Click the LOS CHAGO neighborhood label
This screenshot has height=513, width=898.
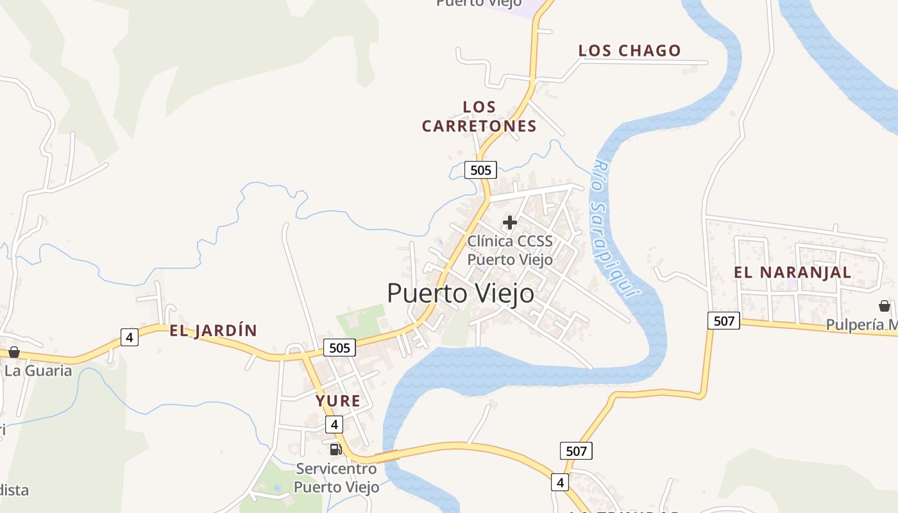click(x=629, y=51)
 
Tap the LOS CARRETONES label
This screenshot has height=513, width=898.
click(x=479, y=116)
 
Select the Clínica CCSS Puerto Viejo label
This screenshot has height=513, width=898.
click(x=509, y=250)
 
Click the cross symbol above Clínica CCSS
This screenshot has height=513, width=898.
click(x=510, y=223)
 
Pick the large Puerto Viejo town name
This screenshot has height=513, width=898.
click(x=461, y=294)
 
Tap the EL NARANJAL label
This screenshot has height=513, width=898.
click(x=792, y=272)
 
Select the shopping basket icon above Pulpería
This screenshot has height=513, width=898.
click(x=885, y=306)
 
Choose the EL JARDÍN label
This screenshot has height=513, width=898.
click(x=214, y=331)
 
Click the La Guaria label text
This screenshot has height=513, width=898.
click(x=38, y=371)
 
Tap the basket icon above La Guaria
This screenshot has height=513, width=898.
click(x=14, y=352)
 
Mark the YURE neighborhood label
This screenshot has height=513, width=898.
click(x=337, y=401)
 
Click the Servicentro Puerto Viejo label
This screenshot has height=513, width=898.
click(x=336, y=478)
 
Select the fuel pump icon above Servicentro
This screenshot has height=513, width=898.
click(x=335, y=449)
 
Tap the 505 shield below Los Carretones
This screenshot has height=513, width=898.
click(x=480, y=170)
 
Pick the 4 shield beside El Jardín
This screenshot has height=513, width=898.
click(x=130, y=337)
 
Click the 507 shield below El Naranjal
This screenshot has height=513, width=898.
click(x=724, y=321)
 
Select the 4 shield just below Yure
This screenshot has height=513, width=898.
click(x=334, y=425)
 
